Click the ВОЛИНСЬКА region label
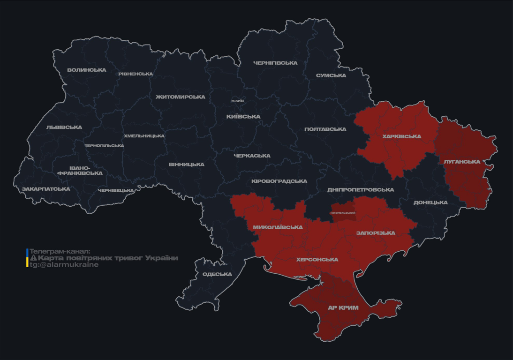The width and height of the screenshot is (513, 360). tap(87, 70)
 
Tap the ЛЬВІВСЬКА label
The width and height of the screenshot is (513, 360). tap(64, 127)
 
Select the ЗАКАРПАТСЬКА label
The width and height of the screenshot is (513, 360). tap(46, 189)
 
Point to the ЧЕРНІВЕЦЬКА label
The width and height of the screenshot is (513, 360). tap(116, 190)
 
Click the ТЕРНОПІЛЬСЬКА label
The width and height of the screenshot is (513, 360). tap(104, 145)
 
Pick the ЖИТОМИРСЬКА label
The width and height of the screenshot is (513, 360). tap(181, 97)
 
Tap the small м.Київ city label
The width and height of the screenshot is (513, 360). tap(238, 101)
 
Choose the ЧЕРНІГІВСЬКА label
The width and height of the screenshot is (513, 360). tap(275, 63)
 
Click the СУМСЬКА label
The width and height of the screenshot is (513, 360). tap(331, 75)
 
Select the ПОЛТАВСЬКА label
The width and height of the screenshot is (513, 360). tap(325, 129)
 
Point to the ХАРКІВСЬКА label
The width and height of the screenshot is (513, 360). tap(401, 136)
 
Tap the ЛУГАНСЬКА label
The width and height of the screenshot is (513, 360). tap(462, 162)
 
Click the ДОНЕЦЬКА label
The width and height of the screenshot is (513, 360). tap(430, 202)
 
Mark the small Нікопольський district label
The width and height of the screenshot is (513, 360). tap(343, 213)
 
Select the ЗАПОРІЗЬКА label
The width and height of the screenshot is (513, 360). tap(376, 233)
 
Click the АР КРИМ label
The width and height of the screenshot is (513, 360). tap(343, 308)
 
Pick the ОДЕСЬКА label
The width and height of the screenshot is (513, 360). tap(217, 274)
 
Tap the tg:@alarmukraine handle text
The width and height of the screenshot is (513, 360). tap(64, 265)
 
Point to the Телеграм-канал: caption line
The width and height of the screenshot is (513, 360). tap(60, 251)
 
